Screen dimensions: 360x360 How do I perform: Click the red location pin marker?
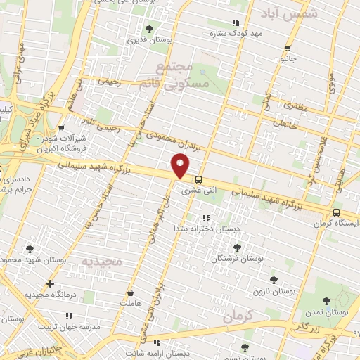[181, 167]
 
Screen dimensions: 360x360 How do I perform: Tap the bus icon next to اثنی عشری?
[199, 179]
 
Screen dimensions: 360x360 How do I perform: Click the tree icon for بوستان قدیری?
[148, 29]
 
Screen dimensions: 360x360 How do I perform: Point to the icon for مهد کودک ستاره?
[235, 22]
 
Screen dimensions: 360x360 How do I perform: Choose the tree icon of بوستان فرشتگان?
[237, 247]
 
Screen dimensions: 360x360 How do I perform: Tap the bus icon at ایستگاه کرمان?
[336, 212]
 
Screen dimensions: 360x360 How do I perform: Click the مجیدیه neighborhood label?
[102, 262]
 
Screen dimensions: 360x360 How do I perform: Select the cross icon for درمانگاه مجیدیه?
[49, 284]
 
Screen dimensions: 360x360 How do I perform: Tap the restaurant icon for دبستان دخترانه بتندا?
[205, 218]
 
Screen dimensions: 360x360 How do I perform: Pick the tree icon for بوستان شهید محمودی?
[30, 248]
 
